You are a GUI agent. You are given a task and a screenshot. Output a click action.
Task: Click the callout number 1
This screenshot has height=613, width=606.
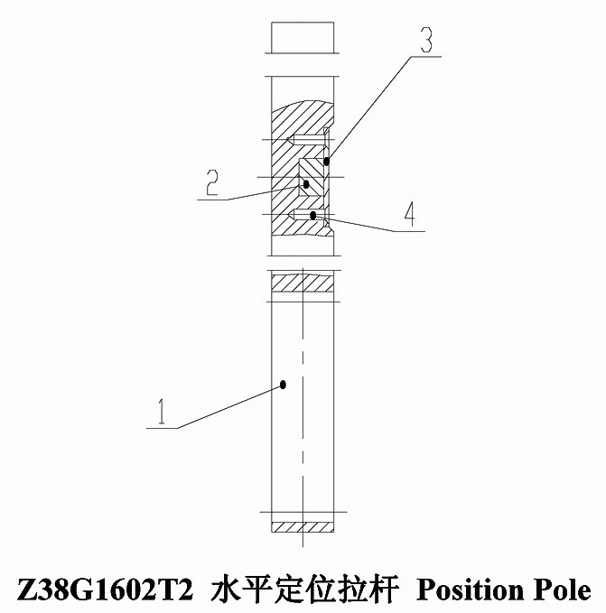[x=162, y=412]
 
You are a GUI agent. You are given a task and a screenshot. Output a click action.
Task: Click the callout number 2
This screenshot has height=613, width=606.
[x=212, y=182]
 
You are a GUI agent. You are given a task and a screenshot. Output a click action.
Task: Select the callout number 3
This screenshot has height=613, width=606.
[x=426, y=40]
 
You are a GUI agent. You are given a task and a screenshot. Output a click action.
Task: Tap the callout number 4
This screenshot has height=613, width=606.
[x=409, y=214]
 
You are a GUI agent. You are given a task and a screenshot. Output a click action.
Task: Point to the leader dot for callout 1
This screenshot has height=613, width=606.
[x=283, y=385]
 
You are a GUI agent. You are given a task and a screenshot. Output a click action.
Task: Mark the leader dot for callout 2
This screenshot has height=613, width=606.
[x=306, y=184]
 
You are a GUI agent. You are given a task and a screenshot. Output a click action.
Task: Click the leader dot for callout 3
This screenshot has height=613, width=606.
[x=326, y=161]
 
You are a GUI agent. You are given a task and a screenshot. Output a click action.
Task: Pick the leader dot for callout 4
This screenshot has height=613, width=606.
[x=312, y=215]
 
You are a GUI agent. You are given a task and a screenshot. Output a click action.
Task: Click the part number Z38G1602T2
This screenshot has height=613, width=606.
[x=105, y=590]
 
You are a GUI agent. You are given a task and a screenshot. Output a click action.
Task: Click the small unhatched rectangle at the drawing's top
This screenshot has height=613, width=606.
[x=303, y=38]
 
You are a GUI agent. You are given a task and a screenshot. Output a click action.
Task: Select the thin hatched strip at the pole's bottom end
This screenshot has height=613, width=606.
[x=303, y=527]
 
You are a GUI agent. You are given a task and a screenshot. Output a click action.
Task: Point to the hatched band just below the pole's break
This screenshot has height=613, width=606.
[x=303, y=283]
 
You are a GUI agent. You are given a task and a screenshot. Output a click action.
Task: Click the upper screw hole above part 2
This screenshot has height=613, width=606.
[x=306, y=140]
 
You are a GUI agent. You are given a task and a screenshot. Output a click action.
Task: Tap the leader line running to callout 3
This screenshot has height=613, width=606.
[x=368, y=108]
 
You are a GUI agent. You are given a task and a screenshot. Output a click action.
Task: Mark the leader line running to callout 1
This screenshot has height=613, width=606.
[x=230, y=406]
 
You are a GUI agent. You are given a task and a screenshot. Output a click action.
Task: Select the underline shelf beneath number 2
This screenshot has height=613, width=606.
[x=213, y=200]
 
